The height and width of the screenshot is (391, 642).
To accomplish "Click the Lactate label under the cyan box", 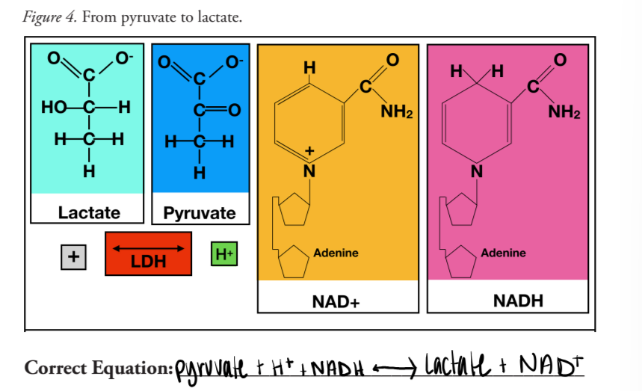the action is [x=89, y=212].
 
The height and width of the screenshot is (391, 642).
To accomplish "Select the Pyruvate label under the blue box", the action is [x=200, y=213].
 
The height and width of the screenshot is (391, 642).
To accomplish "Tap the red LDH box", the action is [x=148, y=254].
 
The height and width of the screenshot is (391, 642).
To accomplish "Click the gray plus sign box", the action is [x=72, y=256].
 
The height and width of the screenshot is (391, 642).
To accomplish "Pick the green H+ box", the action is [x=224, y=255].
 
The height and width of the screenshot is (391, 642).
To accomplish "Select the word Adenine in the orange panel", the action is [x=336, y=253].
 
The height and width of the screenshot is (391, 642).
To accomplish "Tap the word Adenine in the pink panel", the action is [x=503, y=253].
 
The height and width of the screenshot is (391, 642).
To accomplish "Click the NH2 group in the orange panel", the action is [x=396, y=113].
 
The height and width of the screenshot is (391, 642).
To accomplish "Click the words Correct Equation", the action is [x=97, y=368].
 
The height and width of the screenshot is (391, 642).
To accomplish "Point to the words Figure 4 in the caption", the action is [x=49, y=16].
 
